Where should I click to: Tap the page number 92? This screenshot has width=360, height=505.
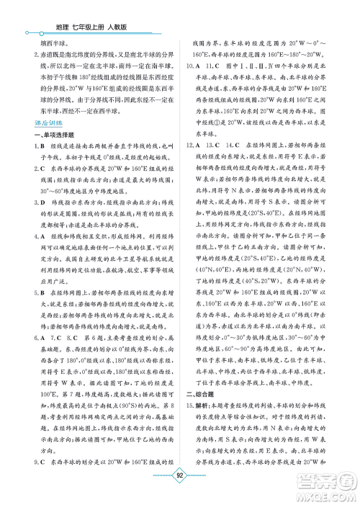click(181, 475)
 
